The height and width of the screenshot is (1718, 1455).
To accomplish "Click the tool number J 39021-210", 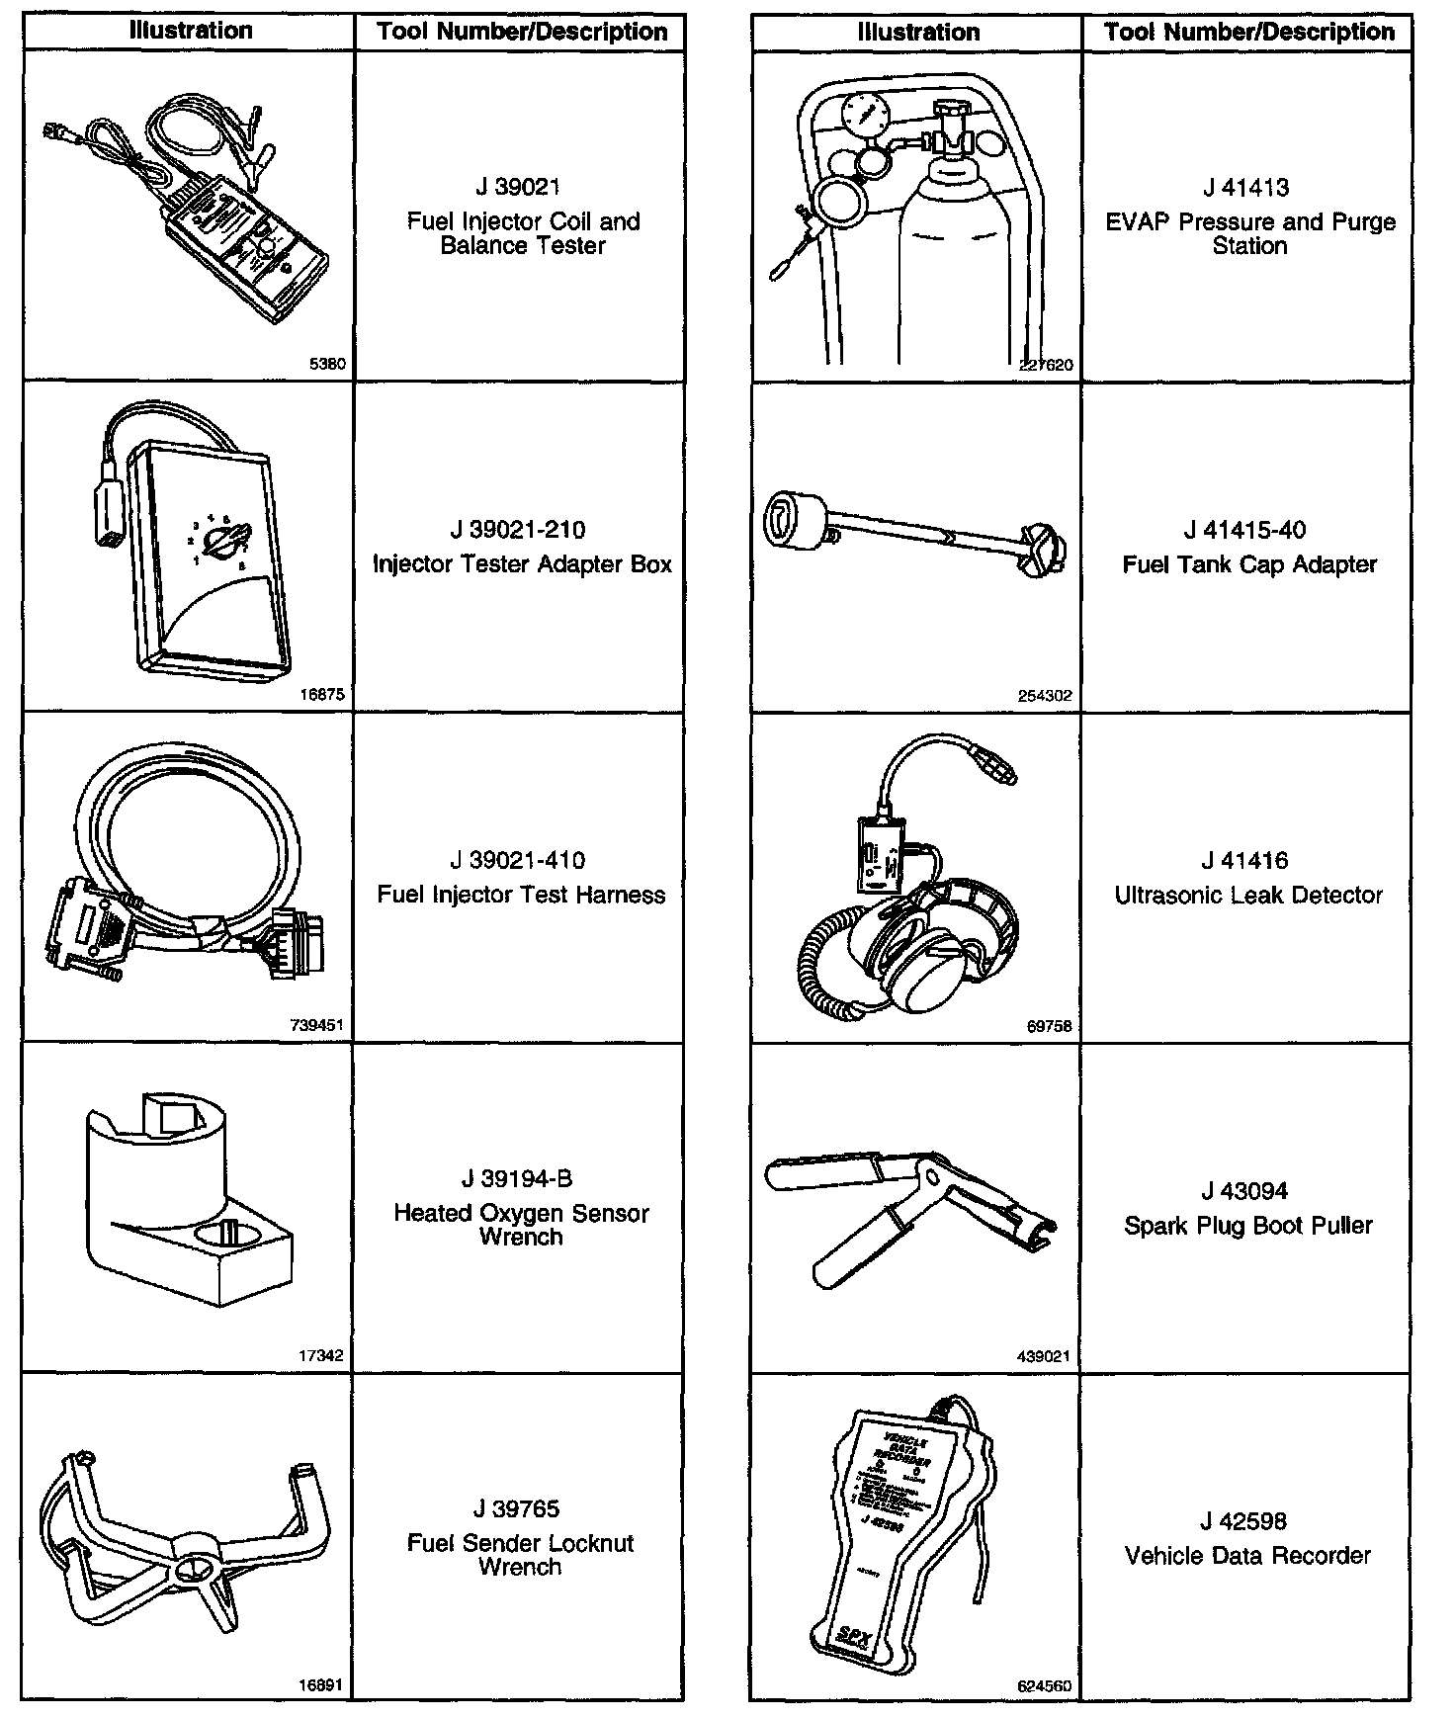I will (518, 530).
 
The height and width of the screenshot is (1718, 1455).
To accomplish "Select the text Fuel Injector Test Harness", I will (521, 895).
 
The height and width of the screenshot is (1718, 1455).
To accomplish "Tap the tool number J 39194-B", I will (517, 1178).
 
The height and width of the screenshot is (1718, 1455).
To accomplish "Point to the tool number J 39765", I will (517, 1508).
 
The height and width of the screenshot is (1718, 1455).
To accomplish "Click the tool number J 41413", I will (1246, 188).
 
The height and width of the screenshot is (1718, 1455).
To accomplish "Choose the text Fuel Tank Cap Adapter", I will (1249, 564).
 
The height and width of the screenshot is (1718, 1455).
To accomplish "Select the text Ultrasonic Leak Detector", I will (1248, 895).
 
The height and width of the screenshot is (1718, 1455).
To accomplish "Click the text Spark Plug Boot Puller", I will (1248, 1226).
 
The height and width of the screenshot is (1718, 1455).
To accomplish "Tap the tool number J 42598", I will (1245, 1521).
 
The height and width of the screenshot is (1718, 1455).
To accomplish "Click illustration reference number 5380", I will (328, 364).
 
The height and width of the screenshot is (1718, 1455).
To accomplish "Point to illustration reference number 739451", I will (317, 1025).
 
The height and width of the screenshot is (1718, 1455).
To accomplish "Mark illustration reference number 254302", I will (1045, 695).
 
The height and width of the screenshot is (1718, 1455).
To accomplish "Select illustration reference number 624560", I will (1044, 1686).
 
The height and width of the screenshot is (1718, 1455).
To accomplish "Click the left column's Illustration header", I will (191, 31).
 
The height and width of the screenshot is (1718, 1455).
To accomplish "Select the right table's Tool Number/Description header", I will (1249, 32).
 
